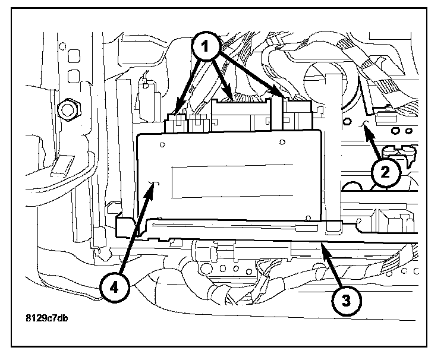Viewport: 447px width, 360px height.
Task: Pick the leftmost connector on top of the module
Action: (177, 121)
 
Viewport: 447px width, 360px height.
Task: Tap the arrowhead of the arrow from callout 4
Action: (156, 185)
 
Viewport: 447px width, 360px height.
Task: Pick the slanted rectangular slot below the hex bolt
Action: (61, 168)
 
